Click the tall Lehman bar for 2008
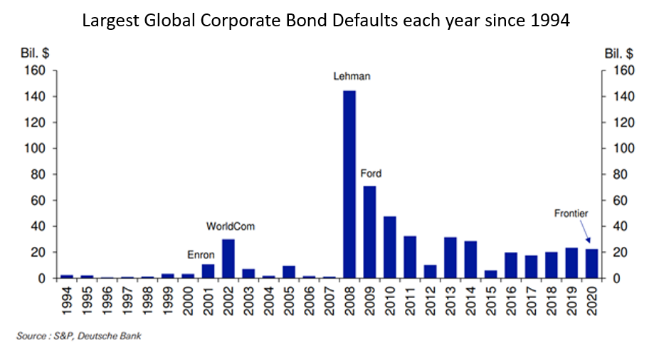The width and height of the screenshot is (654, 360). (349, 184)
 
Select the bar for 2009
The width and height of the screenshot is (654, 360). (369, 232)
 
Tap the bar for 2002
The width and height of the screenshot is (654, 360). (228, 259)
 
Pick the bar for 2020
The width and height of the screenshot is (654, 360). (592, 264)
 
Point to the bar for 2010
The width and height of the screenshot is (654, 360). (390, 248)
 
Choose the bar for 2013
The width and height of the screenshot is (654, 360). (450, 258)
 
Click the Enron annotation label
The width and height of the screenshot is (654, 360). (201, 255)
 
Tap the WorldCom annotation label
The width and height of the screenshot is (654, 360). (231, 226)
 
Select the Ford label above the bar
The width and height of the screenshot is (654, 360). (371, 174)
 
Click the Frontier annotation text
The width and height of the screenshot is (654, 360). (571, 213)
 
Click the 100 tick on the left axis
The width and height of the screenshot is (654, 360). (35, 149)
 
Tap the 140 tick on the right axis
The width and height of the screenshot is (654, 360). (623, 97)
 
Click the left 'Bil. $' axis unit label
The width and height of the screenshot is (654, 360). (35, 53)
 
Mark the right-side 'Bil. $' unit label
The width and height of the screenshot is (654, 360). (619, 53)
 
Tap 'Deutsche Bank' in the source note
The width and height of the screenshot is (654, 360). (110, 336)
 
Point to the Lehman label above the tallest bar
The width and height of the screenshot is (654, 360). (352, 76)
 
